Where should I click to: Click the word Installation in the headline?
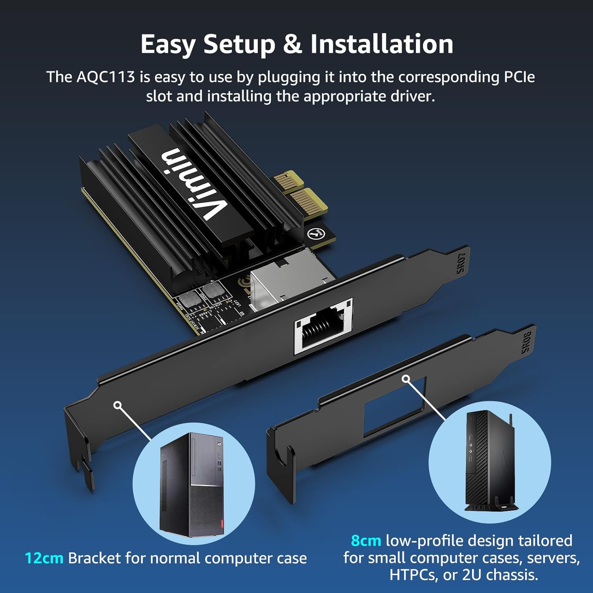[381, 44]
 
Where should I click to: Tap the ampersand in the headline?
[293, 44]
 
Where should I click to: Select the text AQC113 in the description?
[106, 77]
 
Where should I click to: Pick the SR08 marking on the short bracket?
[526, 342]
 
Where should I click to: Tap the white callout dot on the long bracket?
[117, 405]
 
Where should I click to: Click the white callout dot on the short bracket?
[406, 379]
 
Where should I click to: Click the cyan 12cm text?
[44, 558]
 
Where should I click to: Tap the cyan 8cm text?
[366, 540]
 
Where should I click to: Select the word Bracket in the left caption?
[94, 558]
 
